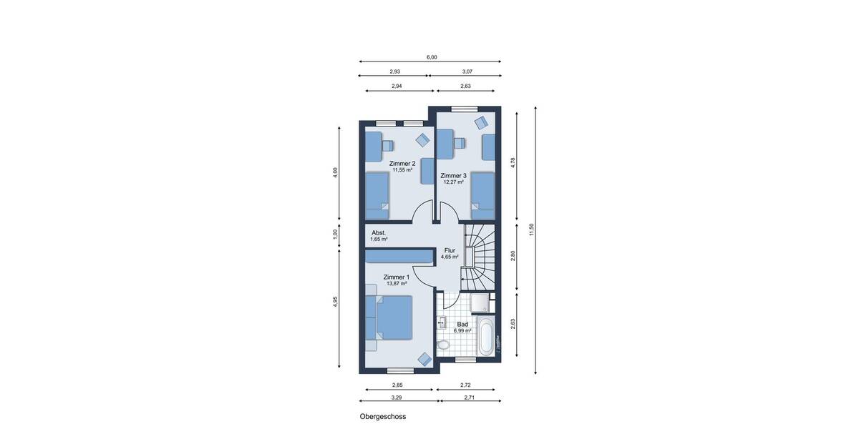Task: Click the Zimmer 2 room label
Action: (402, 164)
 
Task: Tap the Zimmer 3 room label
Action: (453, 175)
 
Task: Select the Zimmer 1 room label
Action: (396, 277)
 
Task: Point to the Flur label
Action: (449, 250)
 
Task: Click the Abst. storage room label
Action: (379, 233)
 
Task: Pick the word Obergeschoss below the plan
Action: (382, 415)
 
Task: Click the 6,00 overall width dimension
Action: (432, 57)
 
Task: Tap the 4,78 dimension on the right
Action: (513, 163)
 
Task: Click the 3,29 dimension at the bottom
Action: (396, 397)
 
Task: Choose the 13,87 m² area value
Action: (396, 284)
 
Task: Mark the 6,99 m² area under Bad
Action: (462, 330)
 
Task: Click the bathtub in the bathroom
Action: (486, 337)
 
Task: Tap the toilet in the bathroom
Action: (444, 345)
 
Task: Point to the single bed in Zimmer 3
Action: (482, 194)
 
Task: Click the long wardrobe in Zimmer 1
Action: (398, 256)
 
